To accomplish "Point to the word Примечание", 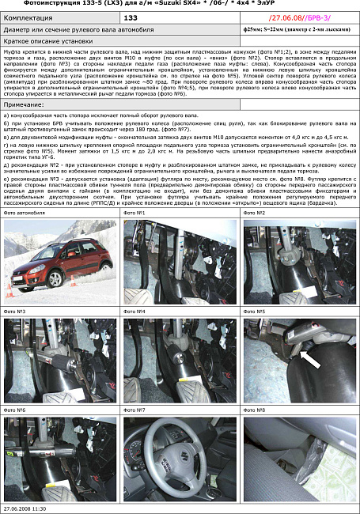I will [24, 104].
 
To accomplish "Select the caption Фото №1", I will [135, 214].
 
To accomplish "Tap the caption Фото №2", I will [254, 214].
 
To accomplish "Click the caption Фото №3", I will [15, 312].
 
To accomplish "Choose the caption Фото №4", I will [135, 312].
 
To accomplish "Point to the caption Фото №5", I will [254, 312].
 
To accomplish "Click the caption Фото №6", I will [15, 410].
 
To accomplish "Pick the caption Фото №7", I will [135, 410].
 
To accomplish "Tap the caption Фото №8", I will [254, 410].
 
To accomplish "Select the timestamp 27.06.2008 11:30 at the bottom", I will [25, 508].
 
